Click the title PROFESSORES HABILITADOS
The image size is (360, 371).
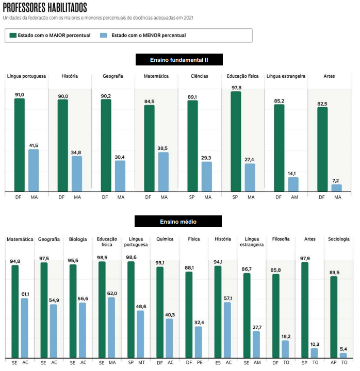click(x=45, y=8)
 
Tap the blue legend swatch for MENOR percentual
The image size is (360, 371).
click(x=103, y=36)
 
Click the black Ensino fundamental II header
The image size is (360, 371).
click(x=179, y=60)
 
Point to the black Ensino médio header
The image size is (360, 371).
click(x=178, y=222)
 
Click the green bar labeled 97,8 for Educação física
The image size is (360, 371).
click(x=236, y=142)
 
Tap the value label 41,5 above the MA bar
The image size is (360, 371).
click(x=34, y=146)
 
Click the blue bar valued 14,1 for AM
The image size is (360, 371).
click(x=293, y=184)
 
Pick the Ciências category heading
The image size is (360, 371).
click(x=199, y=76)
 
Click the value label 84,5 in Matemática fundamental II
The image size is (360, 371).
click(x=149, y=102)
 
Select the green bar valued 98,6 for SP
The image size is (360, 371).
click(x=130, y=309)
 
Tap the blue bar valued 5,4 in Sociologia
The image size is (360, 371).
click(x=343, y=355)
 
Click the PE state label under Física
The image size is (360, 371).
click(x=199, y=363)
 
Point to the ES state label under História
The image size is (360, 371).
click(x=218, y=363)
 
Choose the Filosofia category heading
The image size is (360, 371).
click(x=281, y=239)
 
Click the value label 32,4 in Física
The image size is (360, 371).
click(x=199, y=323)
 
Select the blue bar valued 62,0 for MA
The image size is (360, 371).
click(x=111, y=327)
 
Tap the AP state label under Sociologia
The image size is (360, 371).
click(x=333, y=363)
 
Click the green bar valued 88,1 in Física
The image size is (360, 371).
click(x=189, y=314)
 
